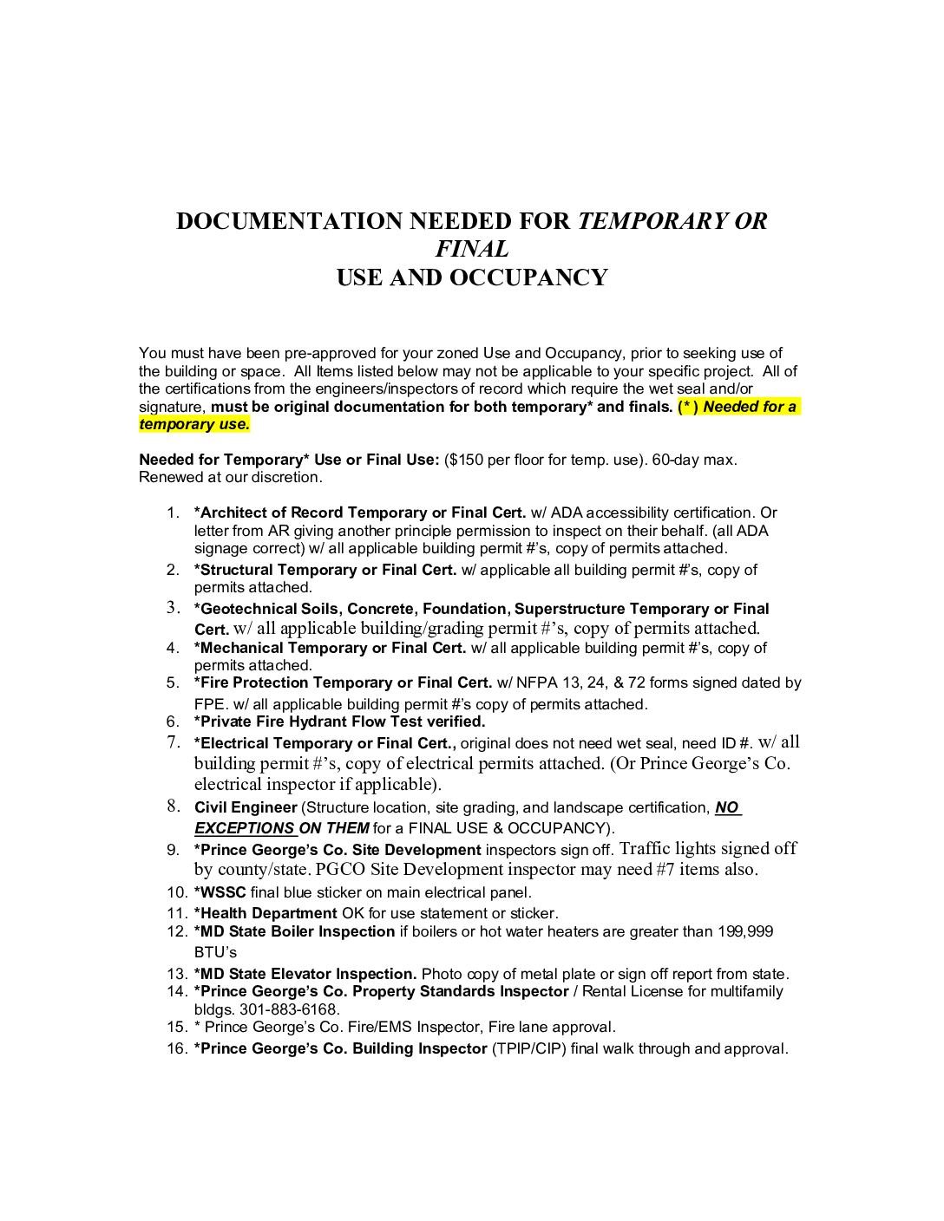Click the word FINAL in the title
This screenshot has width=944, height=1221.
click(472, 249)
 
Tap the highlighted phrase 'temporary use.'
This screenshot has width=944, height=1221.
click(194, 424)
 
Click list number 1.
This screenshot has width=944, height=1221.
click(173, 513)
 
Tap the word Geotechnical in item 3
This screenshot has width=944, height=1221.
click(246, 609)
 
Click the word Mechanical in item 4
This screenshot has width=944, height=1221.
click(241, 648)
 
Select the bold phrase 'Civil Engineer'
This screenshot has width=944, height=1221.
click(246, 807)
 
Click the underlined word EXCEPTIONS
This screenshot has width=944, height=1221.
click(245, 828)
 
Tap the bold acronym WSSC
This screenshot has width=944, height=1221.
click(223, 892)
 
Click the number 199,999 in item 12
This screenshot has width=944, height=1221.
click(744, 931)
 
